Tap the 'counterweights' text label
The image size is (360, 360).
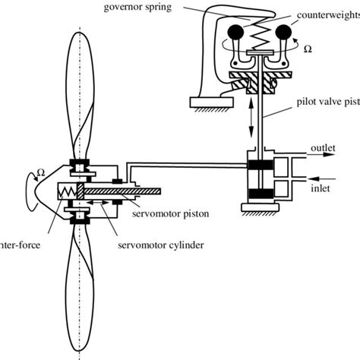327,14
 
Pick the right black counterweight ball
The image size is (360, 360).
288,33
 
